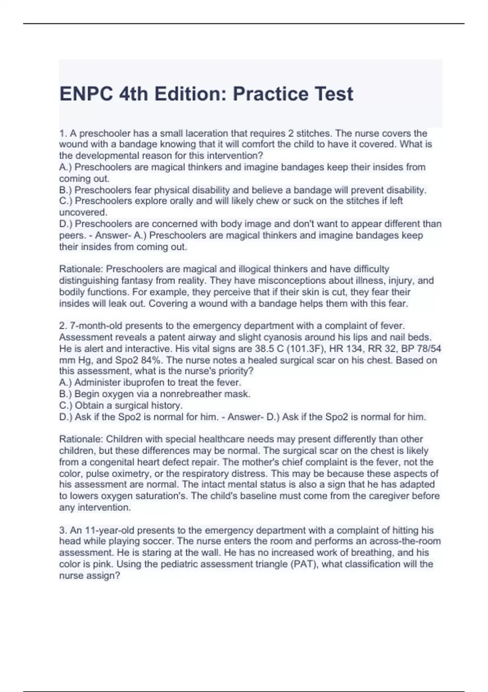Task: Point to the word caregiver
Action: (389, 496)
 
